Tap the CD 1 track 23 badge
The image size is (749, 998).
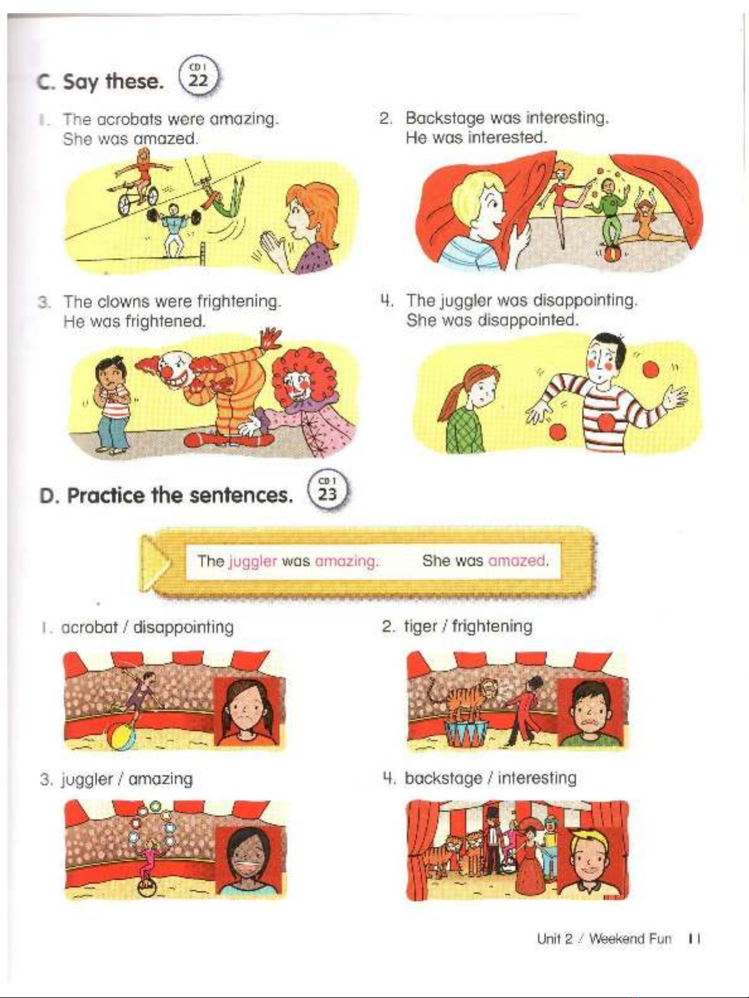coord(328,490)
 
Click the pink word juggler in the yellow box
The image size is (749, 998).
coord(253,561)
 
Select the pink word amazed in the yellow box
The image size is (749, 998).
coord(516,560)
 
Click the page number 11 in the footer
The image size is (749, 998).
coord(694,938)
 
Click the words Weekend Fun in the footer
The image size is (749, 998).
coord(630,939)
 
